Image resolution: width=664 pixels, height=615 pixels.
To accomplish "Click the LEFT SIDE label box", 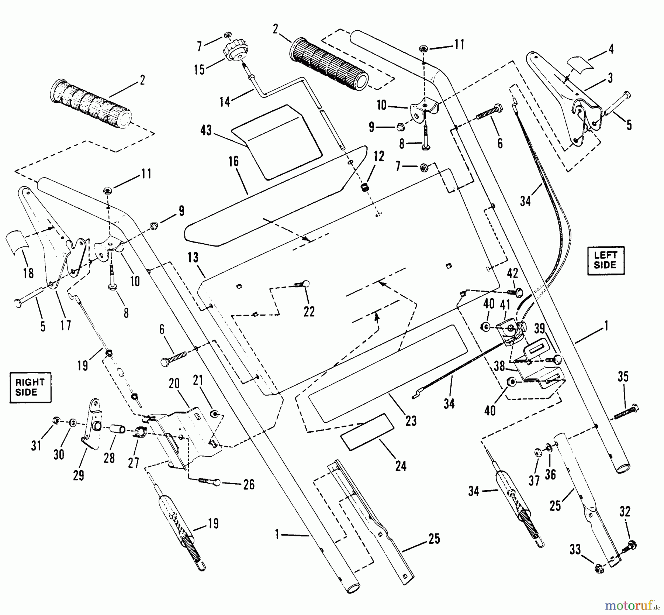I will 605,260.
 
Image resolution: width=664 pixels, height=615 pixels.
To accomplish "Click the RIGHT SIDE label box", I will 30,387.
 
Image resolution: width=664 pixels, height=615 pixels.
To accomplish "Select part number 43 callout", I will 206,130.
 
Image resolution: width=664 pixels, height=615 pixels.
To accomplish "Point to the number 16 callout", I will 234,161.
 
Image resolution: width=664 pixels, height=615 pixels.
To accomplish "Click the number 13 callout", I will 193,257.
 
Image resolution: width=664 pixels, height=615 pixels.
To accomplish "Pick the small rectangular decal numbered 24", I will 367,432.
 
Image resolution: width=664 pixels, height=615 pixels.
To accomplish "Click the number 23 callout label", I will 411,420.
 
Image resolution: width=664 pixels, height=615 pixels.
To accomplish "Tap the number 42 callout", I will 513,273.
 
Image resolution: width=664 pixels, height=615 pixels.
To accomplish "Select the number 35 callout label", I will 623,377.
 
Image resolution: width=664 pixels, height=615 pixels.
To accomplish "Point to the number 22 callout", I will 309,312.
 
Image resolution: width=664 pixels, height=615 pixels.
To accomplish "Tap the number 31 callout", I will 36,446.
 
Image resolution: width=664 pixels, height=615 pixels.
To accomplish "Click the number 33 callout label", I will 575,550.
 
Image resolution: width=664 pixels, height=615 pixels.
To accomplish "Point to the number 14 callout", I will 225,101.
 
